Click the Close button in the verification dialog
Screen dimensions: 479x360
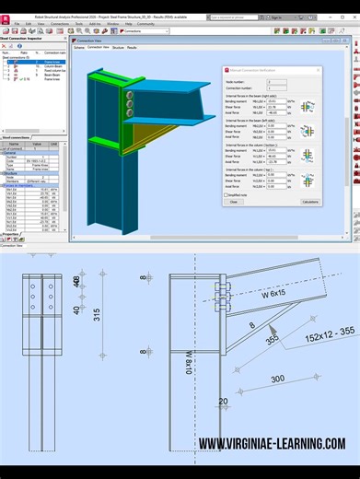click(x=234, y=202)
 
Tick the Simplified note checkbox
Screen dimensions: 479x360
click(x=226, y=194)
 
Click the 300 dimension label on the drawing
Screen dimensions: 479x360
click(x=277, y=380)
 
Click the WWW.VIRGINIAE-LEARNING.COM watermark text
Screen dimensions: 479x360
click(x=272, y=444)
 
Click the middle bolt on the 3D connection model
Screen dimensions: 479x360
click(x=131, y=104)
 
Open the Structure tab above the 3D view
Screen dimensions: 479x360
click(x=118, y=47)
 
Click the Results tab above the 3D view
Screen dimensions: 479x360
click(x=132, y=47)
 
